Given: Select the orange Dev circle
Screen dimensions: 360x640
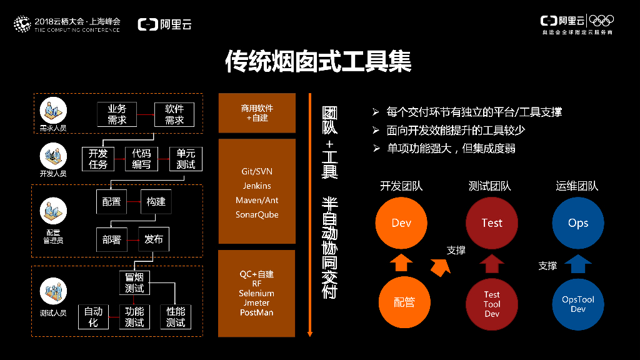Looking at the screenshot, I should pos(401,223).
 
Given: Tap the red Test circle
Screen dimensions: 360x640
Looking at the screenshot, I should pos(492,223).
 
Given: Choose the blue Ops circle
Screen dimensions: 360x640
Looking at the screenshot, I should pos(578,223).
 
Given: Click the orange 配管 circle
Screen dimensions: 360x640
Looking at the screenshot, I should pos(404,303).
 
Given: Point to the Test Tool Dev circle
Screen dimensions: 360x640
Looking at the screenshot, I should pos(492,304).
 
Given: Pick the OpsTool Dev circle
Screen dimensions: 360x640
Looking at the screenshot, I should pos(578,304).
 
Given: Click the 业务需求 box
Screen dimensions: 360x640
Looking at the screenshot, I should pos(117,114).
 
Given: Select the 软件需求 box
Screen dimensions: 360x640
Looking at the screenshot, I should pos(174,114).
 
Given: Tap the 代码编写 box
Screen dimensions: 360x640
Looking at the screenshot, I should pos(142,159).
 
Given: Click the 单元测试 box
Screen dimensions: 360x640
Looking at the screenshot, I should pos(186,159).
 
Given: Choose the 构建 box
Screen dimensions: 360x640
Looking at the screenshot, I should pos(156,201).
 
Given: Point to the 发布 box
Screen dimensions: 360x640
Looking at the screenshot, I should pos(153,239).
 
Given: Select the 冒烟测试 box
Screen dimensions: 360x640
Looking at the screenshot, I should pos(134,282).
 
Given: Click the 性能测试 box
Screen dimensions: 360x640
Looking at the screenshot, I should pos(175,317).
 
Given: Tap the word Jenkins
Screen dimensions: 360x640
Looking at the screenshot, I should pos(257,186).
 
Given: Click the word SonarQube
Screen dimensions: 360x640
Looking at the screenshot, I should pos(257,214).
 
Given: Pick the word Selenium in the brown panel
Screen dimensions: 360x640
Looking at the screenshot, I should pos(256,293).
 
